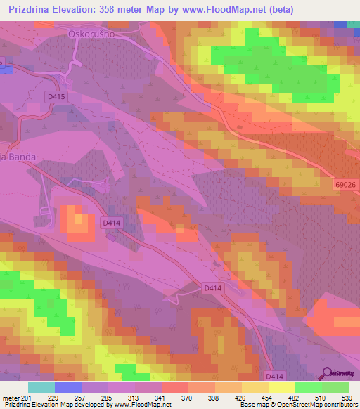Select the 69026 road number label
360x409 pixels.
pyautogui.click(x=345, y=184)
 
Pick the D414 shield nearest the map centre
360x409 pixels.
pyautogui.click(x=213, y=287)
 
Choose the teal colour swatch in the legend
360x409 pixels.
pyautogui.click(x=41, y=387)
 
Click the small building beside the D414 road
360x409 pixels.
pyautogui.click(x=111, y=237)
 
